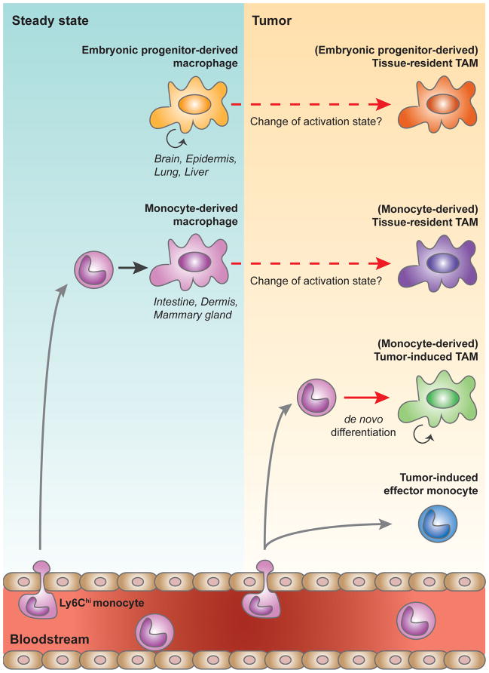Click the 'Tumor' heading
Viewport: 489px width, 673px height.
274,17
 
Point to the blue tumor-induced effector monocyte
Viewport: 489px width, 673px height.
437,523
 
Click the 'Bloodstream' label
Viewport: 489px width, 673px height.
50,639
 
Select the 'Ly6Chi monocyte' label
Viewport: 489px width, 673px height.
102,604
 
